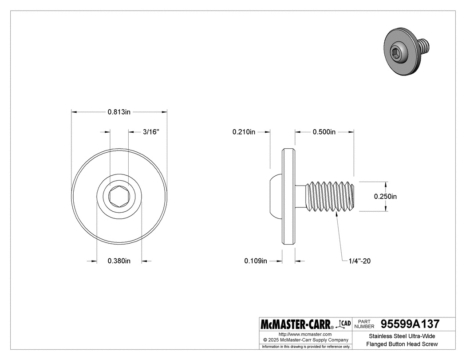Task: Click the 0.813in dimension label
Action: (x=119, y=112)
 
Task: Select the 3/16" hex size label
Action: (x=151, y=132)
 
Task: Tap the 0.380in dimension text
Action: (x=119, y=261)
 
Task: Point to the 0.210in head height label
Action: (x=244, y=132)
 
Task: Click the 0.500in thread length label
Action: (x=324, y=132)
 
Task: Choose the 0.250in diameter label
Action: (x=385, y=196)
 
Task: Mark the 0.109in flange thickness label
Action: (x=256, y=261)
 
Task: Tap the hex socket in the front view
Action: (x=119, y=196)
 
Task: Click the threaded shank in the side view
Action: (x=331, y=196)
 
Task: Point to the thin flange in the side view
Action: (x=289, y=196)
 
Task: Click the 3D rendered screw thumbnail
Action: (x=405, y=52)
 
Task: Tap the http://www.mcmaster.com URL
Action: (x=305, y=334)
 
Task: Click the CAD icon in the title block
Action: (x=345, y=324)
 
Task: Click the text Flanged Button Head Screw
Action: (x=402, y=344)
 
